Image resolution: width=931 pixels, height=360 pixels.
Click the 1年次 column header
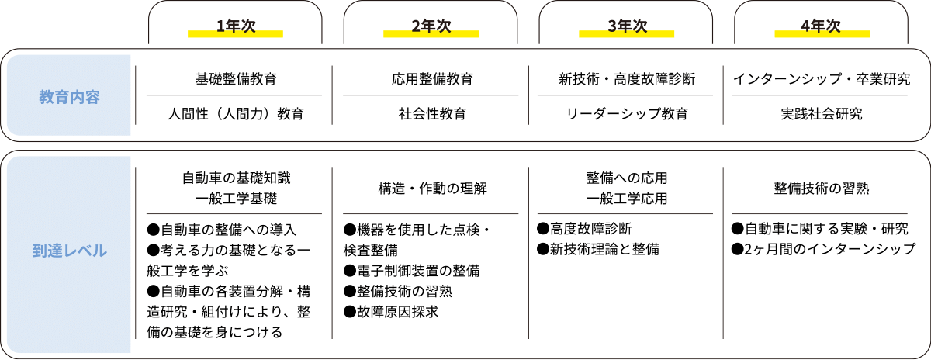pyautogui.click(x=236, y=26)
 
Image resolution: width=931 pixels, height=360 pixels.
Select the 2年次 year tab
pyautogui.click(x=431, y=26)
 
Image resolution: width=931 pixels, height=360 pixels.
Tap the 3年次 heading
pyautogui.click(x=627, y=26)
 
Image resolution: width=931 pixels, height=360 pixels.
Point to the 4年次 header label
pyautogui.click(x=821, y=26)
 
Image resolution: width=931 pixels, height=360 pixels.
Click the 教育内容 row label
pyautogui.click(x=69, y=97)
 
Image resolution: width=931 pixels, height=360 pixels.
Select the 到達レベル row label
pyautogui.click(x=69, y=251)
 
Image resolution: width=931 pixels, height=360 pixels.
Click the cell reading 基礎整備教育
pyautogui.click(x=236, y=78)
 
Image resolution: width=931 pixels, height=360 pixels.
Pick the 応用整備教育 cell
pyautogui.click(x=432, y=78)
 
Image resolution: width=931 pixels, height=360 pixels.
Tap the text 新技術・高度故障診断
pyautogui.click(x=627, y=78)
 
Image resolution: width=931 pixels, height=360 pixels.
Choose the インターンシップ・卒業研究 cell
pyautogui.click(x=822, y=78)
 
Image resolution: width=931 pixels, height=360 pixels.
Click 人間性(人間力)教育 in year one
pyautogui.click(x=236, y=113)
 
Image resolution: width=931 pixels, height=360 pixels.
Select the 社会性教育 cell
pyautogui.click(x=432, y=113)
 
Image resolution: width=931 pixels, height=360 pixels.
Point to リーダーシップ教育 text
pyautogui.click(x=627, y=113)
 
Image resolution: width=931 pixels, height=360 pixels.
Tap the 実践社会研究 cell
pyautogui.click(x=822, y=113)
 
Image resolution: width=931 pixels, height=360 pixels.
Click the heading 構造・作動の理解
pyautogui.click(x=432, y=189)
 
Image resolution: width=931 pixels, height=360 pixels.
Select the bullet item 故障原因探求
pyautogui.click(x=391, y=312)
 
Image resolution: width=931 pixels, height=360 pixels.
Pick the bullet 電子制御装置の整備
pyautogui.click(x=411, y=271)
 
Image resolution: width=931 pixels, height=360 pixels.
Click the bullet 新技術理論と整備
pyautogui.click(x=598, y=249)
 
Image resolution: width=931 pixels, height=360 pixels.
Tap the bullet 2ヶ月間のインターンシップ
pyautogui.click(x=823, y=249)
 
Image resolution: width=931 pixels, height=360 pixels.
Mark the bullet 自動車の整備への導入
pyautogui.click(x=222, y=230)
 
